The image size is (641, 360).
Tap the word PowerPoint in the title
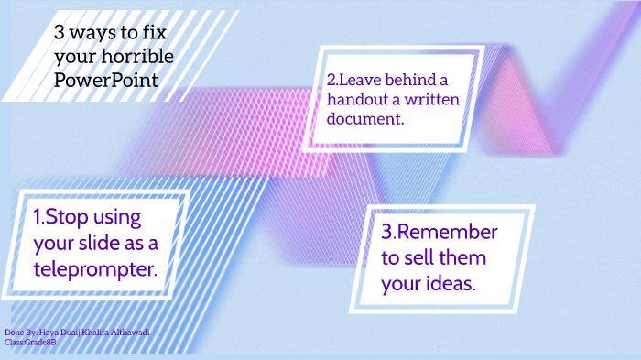click(x=105, y=81)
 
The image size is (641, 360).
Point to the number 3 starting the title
click(x=59, y=34)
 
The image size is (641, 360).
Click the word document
click(x=365, y=118)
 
